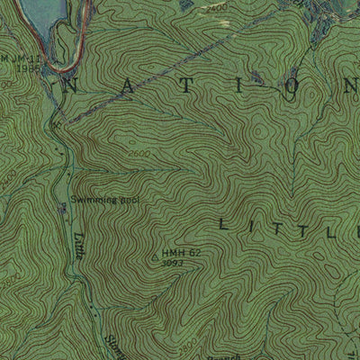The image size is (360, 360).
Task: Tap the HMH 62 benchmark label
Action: click(181, 254)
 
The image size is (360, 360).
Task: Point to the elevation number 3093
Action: click(173, 264)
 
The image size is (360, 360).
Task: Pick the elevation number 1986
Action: click(28, 67)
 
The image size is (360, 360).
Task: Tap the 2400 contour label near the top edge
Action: click(213, 7)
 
